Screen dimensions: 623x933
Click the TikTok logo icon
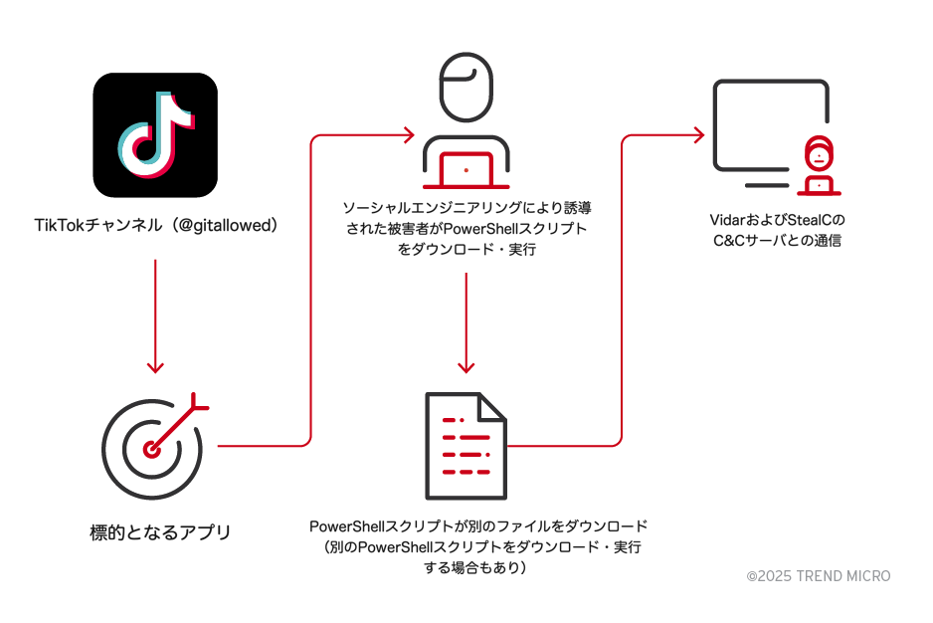154,134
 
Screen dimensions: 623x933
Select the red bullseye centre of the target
151,449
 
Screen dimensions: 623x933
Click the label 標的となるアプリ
159,532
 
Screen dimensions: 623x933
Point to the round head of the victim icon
466,86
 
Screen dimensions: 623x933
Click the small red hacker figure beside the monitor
818,165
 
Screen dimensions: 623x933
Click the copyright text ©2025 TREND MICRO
819,576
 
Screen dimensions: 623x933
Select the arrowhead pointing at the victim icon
408,132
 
